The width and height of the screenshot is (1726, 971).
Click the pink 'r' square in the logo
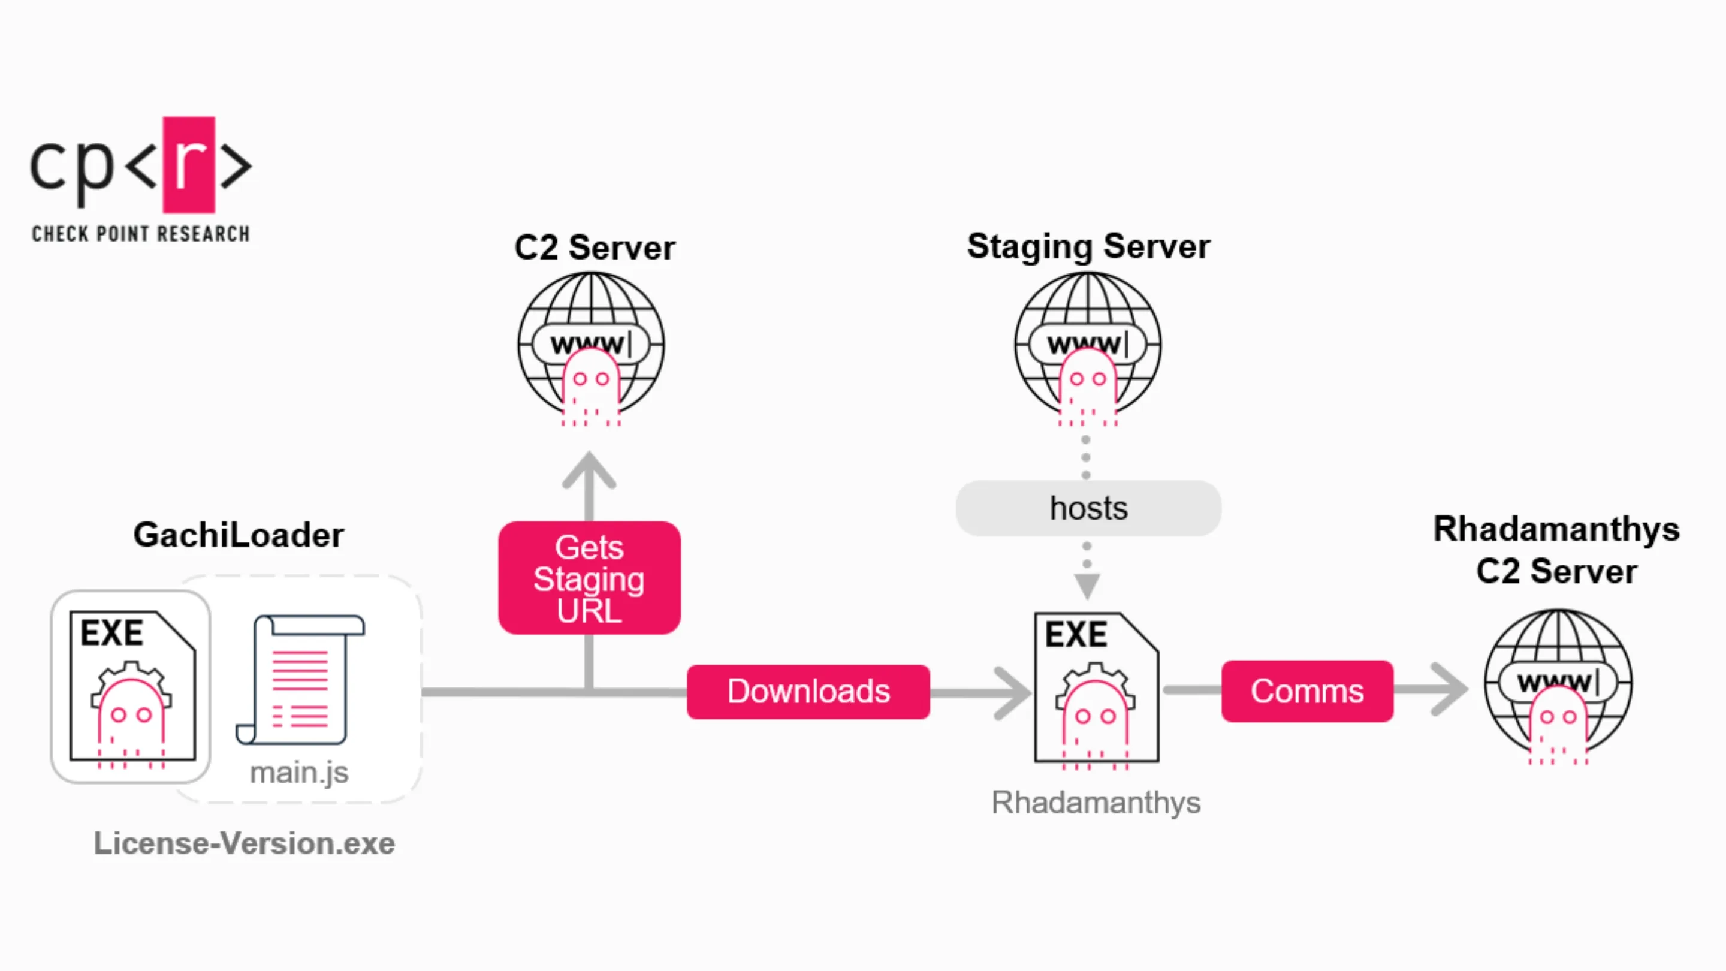189,165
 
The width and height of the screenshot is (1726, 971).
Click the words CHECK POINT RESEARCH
141,234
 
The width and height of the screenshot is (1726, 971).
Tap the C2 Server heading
595,248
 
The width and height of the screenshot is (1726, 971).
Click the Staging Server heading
1088,246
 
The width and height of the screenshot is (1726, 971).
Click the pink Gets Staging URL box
589,578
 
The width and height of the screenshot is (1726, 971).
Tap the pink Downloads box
808,692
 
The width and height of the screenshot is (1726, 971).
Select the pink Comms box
1306,691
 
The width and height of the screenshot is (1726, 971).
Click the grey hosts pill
1088,508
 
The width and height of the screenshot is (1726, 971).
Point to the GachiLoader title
238,535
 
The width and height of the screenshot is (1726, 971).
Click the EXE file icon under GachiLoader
132,686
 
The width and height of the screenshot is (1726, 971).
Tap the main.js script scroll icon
301,680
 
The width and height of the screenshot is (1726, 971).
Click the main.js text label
299,773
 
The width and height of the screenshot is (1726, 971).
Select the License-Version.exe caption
244,843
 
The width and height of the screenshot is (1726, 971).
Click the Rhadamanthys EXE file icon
1096,687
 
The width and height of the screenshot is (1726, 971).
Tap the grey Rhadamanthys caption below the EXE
1096,802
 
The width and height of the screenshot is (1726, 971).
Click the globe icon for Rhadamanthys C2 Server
1558,683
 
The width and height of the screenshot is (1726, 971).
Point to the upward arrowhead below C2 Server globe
589,469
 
